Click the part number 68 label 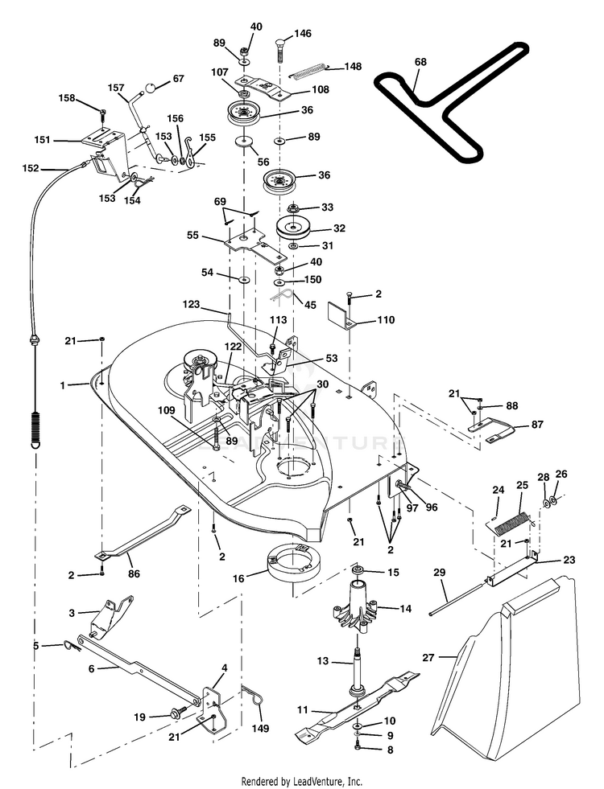420,62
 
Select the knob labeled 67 151,88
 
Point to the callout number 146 303,33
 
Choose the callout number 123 192,305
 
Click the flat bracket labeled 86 143,532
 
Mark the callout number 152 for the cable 31,168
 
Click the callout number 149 260,728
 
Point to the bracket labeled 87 491,429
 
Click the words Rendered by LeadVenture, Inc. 302,782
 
